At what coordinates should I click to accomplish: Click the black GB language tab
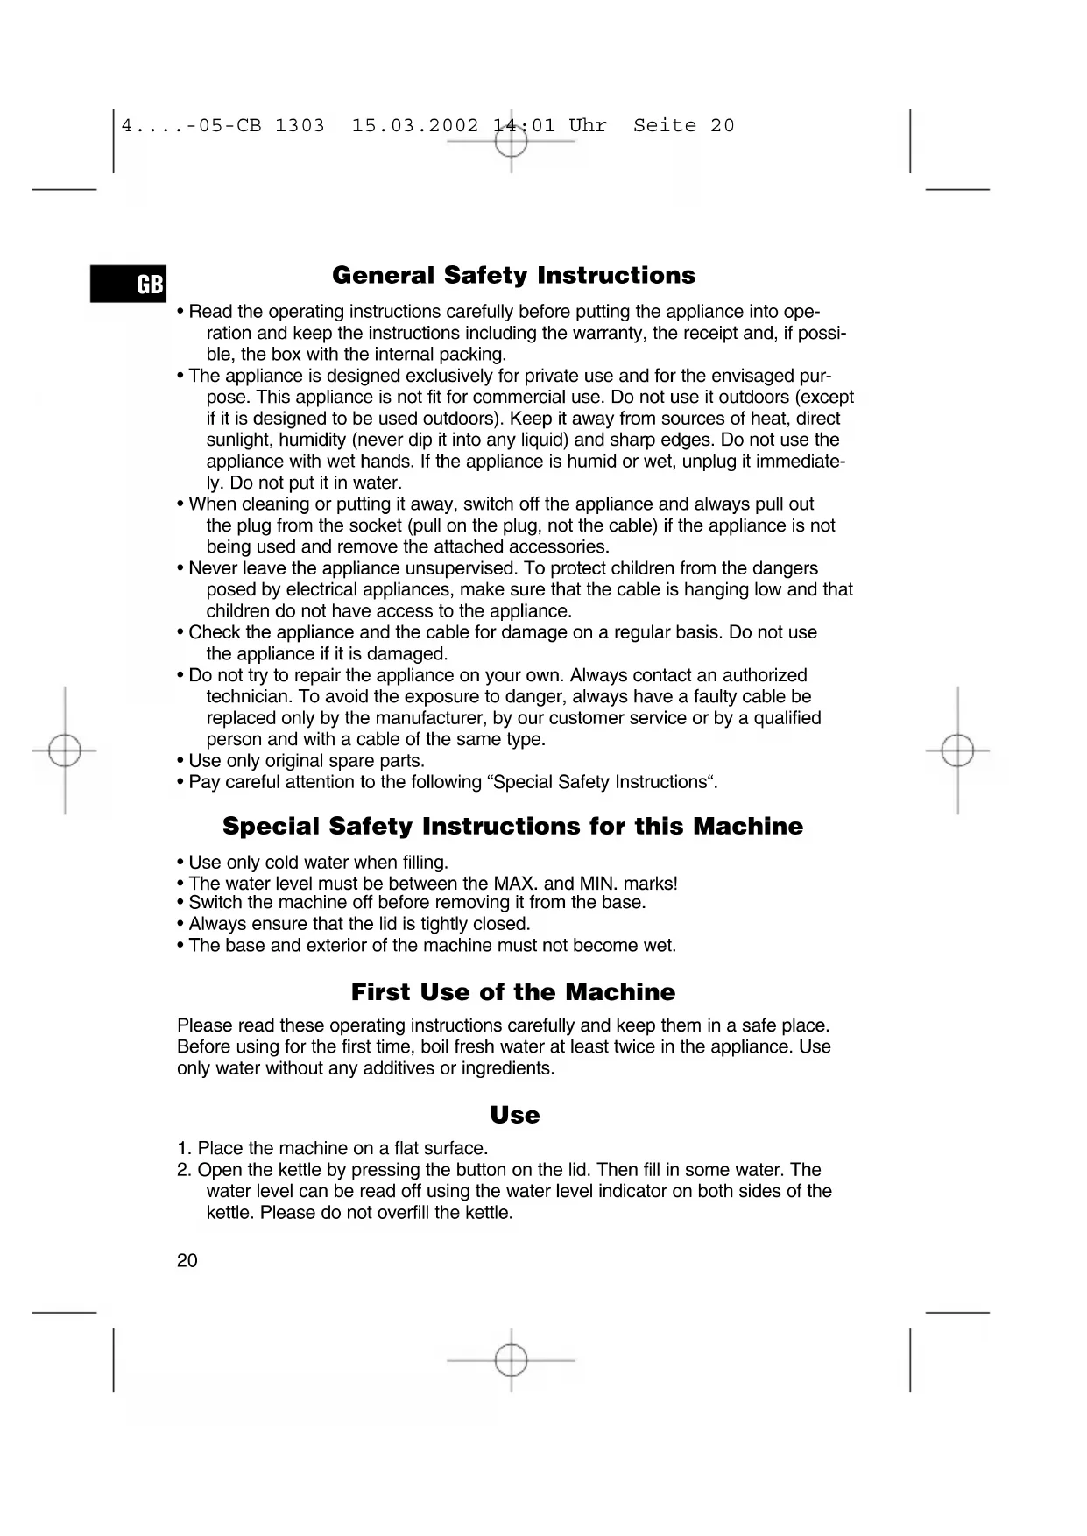[x=128, y=284]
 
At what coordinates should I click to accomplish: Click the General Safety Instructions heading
[x=513, y=276]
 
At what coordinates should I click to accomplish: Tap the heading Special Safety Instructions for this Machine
[x=512, y=827]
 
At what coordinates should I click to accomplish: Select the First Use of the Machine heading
[x=513, y=992]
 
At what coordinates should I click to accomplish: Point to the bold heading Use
[x=515, y=1115]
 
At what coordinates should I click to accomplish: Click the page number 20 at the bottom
[x=187, y=1261]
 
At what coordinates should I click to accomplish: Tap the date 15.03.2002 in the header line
[x=415, y=126]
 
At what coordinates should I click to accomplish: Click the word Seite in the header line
[x=665, y=126]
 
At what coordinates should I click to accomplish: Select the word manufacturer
[x=444, y=718]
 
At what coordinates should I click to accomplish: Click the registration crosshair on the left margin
[x=65, y=751]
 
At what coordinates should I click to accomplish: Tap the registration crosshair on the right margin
[x=957, y=751]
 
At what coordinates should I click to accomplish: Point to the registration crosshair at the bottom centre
[x=512, y=1361]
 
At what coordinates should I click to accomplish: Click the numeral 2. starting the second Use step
[x=184, y=1170]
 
